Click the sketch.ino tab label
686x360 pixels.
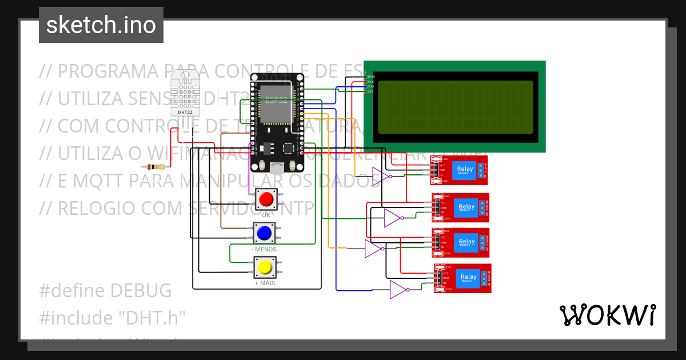tap(101, 26)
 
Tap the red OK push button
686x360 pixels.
tap(266, 199)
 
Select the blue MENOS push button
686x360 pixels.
tap(264, 233)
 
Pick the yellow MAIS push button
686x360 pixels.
tap(265, 267)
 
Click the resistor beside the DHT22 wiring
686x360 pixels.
tap(154, 167)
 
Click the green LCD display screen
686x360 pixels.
tap(455, 107)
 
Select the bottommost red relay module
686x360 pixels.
tap(462, 278)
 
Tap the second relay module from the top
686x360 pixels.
tap(461, 207)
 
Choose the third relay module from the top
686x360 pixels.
tap(461, 242)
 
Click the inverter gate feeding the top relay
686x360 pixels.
tap(381, 175)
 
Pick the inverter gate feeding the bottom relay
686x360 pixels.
tap(399, 290)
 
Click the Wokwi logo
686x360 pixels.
tap(607, 315)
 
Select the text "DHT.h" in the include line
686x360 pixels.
tap(154, 317)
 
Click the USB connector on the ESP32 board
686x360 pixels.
tap(277, 168)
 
